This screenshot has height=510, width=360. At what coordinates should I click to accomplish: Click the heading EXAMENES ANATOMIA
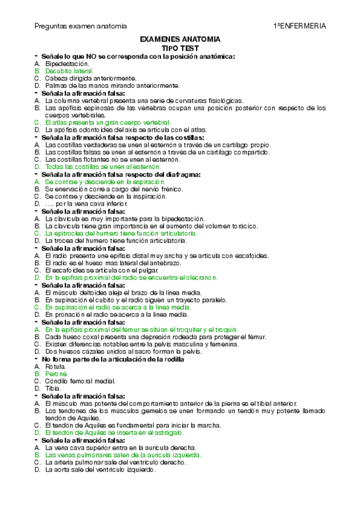tap(180, 40)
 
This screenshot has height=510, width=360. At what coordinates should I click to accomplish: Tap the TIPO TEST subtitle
tap(180, 48)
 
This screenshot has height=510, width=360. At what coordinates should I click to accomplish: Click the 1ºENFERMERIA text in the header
tap(299, 26)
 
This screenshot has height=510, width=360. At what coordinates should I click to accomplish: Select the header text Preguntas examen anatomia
tap(80, 26)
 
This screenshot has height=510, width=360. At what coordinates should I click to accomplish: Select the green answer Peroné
tap(57, 373)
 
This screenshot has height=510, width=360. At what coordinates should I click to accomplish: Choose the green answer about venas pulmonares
tap(123, 455)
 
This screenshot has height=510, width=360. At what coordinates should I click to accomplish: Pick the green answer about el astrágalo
tap(113, 432)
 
